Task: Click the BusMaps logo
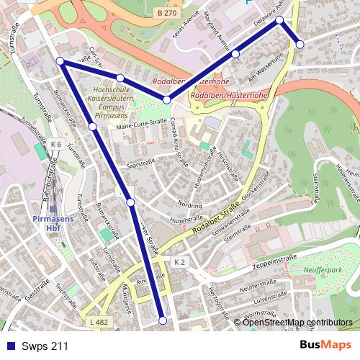click(x=325, y=346)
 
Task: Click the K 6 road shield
click(x=56, y=144)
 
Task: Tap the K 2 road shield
click(x=179, y=262)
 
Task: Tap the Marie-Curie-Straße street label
click(x=141, y=126)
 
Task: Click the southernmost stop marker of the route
click(x=163, y=320)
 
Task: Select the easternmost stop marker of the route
click(x=300, y=44)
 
